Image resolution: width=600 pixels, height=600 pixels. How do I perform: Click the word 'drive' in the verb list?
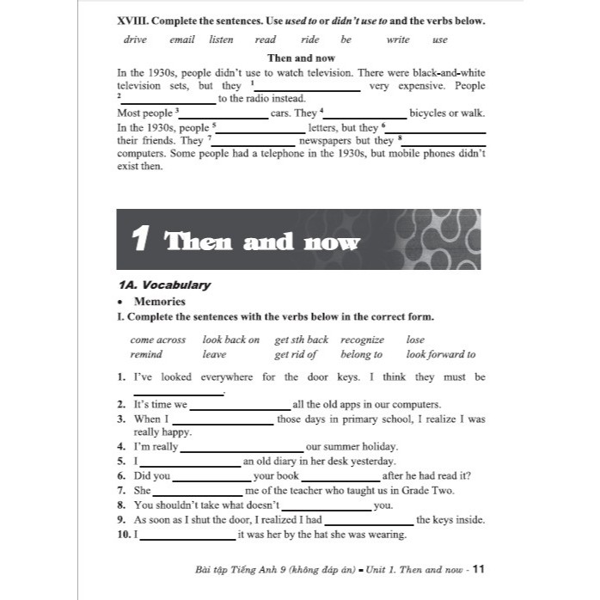coord(135,40)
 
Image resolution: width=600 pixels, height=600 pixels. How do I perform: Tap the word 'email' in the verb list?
coord(181,40)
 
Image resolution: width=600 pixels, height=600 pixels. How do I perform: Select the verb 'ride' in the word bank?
coord(310,40)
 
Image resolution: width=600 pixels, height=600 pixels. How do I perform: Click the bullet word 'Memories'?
coord(159,302)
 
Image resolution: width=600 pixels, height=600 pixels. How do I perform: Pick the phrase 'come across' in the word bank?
coord(158,340)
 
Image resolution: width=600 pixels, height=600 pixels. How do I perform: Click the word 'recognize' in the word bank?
coord(362,340)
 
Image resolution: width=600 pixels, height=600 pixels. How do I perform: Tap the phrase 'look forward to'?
coord(440,354)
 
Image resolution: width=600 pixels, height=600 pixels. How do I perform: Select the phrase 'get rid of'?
coord(296,354)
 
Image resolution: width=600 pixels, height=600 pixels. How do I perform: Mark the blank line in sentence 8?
coord(327,509)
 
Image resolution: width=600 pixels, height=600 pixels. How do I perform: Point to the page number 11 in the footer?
coord(480,568)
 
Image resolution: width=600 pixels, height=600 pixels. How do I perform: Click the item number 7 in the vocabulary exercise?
coord(121,491)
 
